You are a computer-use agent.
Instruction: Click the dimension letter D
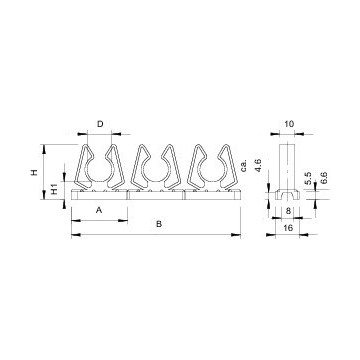click(x=100, y=124)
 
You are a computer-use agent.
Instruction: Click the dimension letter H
click(x=34, y=172)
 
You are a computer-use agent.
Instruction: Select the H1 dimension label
click(x=55, y=189)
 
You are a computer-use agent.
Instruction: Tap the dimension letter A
click(x=99, y=210)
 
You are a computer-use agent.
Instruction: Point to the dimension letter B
click(x=159, y=224)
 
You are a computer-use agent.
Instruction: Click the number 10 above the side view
click(x=289, y=124)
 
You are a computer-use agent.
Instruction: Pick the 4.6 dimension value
click(x=256, y=166)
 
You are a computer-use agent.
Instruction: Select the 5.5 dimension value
click(x=308, y=178)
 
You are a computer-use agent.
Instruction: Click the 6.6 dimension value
click(x=323, y=178)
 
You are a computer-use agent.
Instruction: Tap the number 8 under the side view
click(x=287, y=210)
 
